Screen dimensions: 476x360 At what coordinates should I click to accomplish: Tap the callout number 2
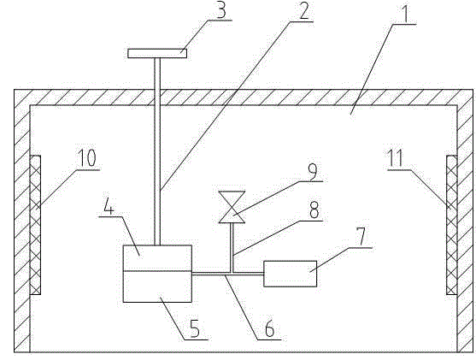[304, 11]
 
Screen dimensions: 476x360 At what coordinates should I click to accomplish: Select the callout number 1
[408, 13]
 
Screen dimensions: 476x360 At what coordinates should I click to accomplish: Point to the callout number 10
[87, 158]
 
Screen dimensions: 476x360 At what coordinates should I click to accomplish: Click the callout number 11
[396, 158]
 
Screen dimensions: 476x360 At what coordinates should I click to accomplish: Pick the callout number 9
[313, 171]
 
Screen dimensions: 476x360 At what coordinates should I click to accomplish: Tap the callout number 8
[314, 210]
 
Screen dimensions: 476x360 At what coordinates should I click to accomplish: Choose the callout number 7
[361, 237]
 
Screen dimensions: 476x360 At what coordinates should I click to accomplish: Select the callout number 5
[195, 328]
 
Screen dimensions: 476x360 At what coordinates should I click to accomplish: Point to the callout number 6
[269, 328]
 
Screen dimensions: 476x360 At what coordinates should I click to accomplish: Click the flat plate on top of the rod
[157, 53]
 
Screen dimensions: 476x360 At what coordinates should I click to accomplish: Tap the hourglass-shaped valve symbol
[232, 207]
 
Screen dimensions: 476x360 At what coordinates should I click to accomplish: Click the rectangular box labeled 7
[291, 274]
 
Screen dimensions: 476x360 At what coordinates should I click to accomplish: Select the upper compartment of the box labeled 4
[157, 257]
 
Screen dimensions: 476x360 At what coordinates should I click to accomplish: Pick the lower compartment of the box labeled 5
[157, 286]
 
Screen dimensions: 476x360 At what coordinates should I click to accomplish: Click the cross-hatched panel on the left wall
[35, 225]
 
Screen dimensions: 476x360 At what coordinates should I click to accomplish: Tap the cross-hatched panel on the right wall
[452, 225]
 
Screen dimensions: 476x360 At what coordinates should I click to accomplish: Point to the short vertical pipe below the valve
[232, 248]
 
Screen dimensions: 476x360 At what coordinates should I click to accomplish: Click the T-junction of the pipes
[232, 274]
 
